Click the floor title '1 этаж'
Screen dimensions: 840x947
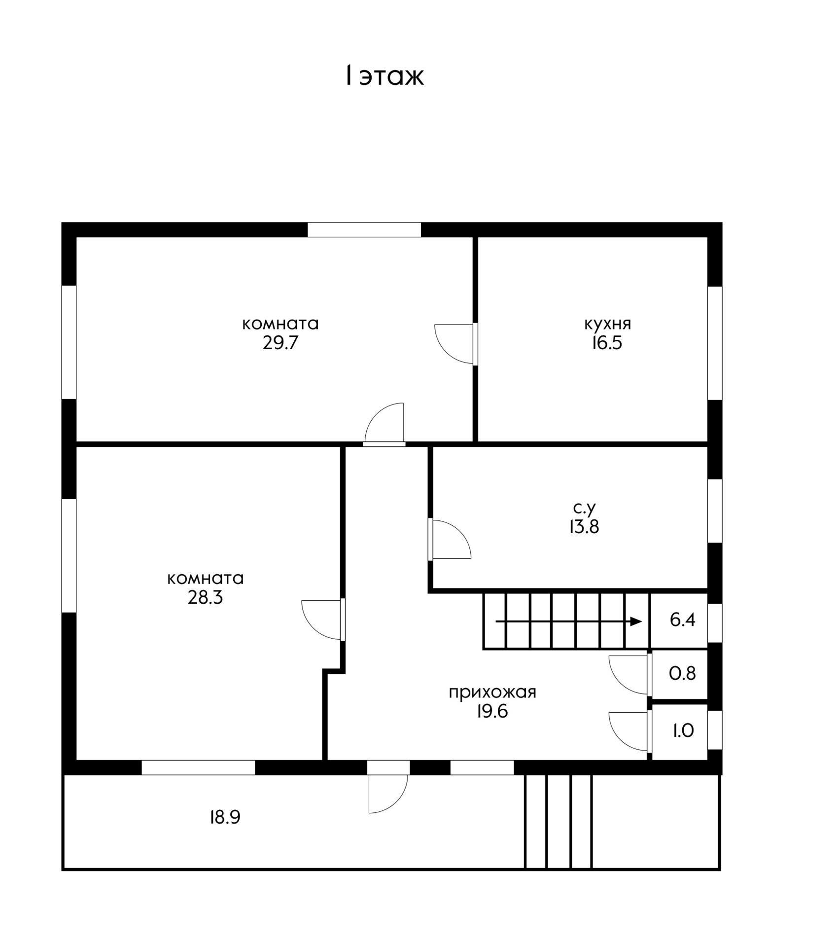pos(385,76)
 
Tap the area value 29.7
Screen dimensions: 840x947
pos(280,343)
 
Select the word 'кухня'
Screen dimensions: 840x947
pos(607,325)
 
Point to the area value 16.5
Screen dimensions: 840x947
pos(607,343)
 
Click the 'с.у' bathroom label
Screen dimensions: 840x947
pos(585,508)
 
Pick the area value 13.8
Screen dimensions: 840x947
pos(584,527)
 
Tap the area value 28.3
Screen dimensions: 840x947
pos(205,598)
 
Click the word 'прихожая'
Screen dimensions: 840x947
pos(492,692)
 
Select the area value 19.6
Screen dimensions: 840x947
pos(492,712)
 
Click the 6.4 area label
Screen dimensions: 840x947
pos(683,619)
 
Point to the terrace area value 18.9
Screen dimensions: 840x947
pos(225,818)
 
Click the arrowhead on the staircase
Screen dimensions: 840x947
pos(636,621)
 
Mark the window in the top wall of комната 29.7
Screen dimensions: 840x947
pos(364,230)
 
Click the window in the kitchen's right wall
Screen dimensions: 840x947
pos(715,343)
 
